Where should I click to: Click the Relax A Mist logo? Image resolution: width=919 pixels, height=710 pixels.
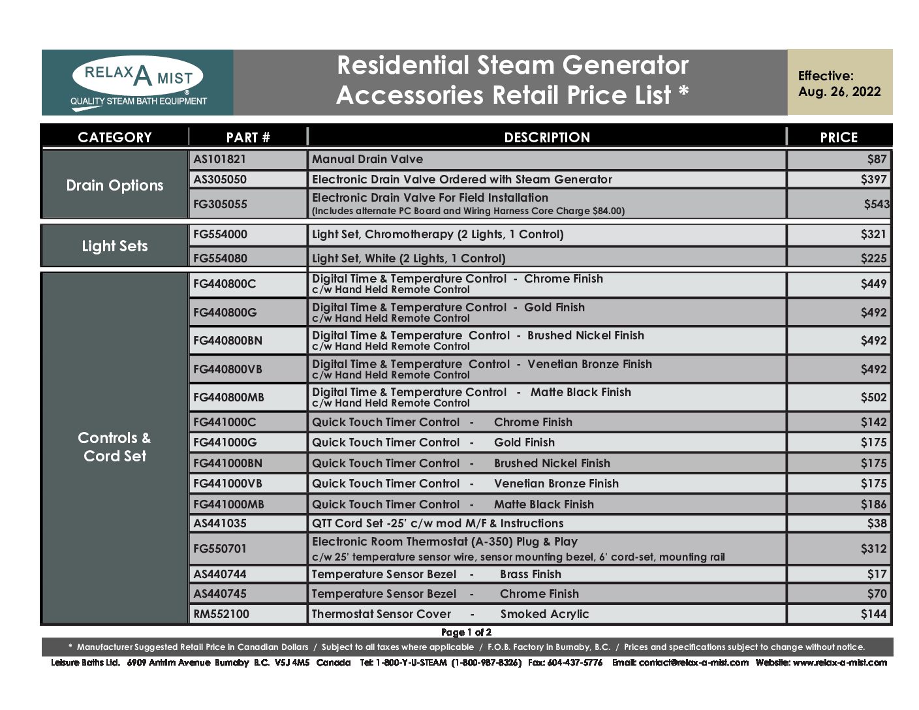(138, 82)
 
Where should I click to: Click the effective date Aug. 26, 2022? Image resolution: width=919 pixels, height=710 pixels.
(839, 91)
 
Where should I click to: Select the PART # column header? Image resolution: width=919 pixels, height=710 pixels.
(248, 137)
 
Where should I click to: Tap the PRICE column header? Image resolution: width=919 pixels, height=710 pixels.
(839, 137)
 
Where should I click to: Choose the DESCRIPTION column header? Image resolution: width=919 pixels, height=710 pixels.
(547, 137)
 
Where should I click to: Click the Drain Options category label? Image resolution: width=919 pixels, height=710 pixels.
(115, 185)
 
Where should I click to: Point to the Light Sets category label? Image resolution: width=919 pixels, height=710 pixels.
(115, 246)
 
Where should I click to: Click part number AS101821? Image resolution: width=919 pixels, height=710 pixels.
(220, 159)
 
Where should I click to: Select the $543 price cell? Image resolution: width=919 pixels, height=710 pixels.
(876, 204)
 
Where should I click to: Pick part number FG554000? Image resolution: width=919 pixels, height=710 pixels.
(221, 234)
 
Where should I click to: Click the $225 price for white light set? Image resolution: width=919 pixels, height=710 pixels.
(873, 258)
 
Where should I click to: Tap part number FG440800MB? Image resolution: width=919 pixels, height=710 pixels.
(228, 397)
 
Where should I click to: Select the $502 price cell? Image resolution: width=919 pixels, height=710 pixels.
(873, 397)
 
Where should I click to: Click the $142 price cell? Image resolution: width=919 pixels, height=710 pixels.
(873, 422)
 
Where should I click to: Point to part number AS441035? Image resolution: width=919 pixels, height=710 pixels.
(220, 523)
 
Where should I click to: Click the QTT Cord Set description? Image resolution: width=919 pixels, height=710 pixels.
(437, 523)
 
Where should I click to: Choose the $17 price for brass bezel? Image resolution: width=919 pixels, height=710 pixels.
(877, 574)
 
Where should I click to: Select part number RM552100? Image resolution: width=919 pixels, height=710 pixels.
(221, 614)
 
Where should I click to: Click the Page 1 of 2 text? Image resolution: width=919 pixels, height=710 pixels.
(466, 632)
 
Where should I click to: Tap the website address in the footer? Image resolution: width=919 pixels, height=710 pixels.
(839, 663)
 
